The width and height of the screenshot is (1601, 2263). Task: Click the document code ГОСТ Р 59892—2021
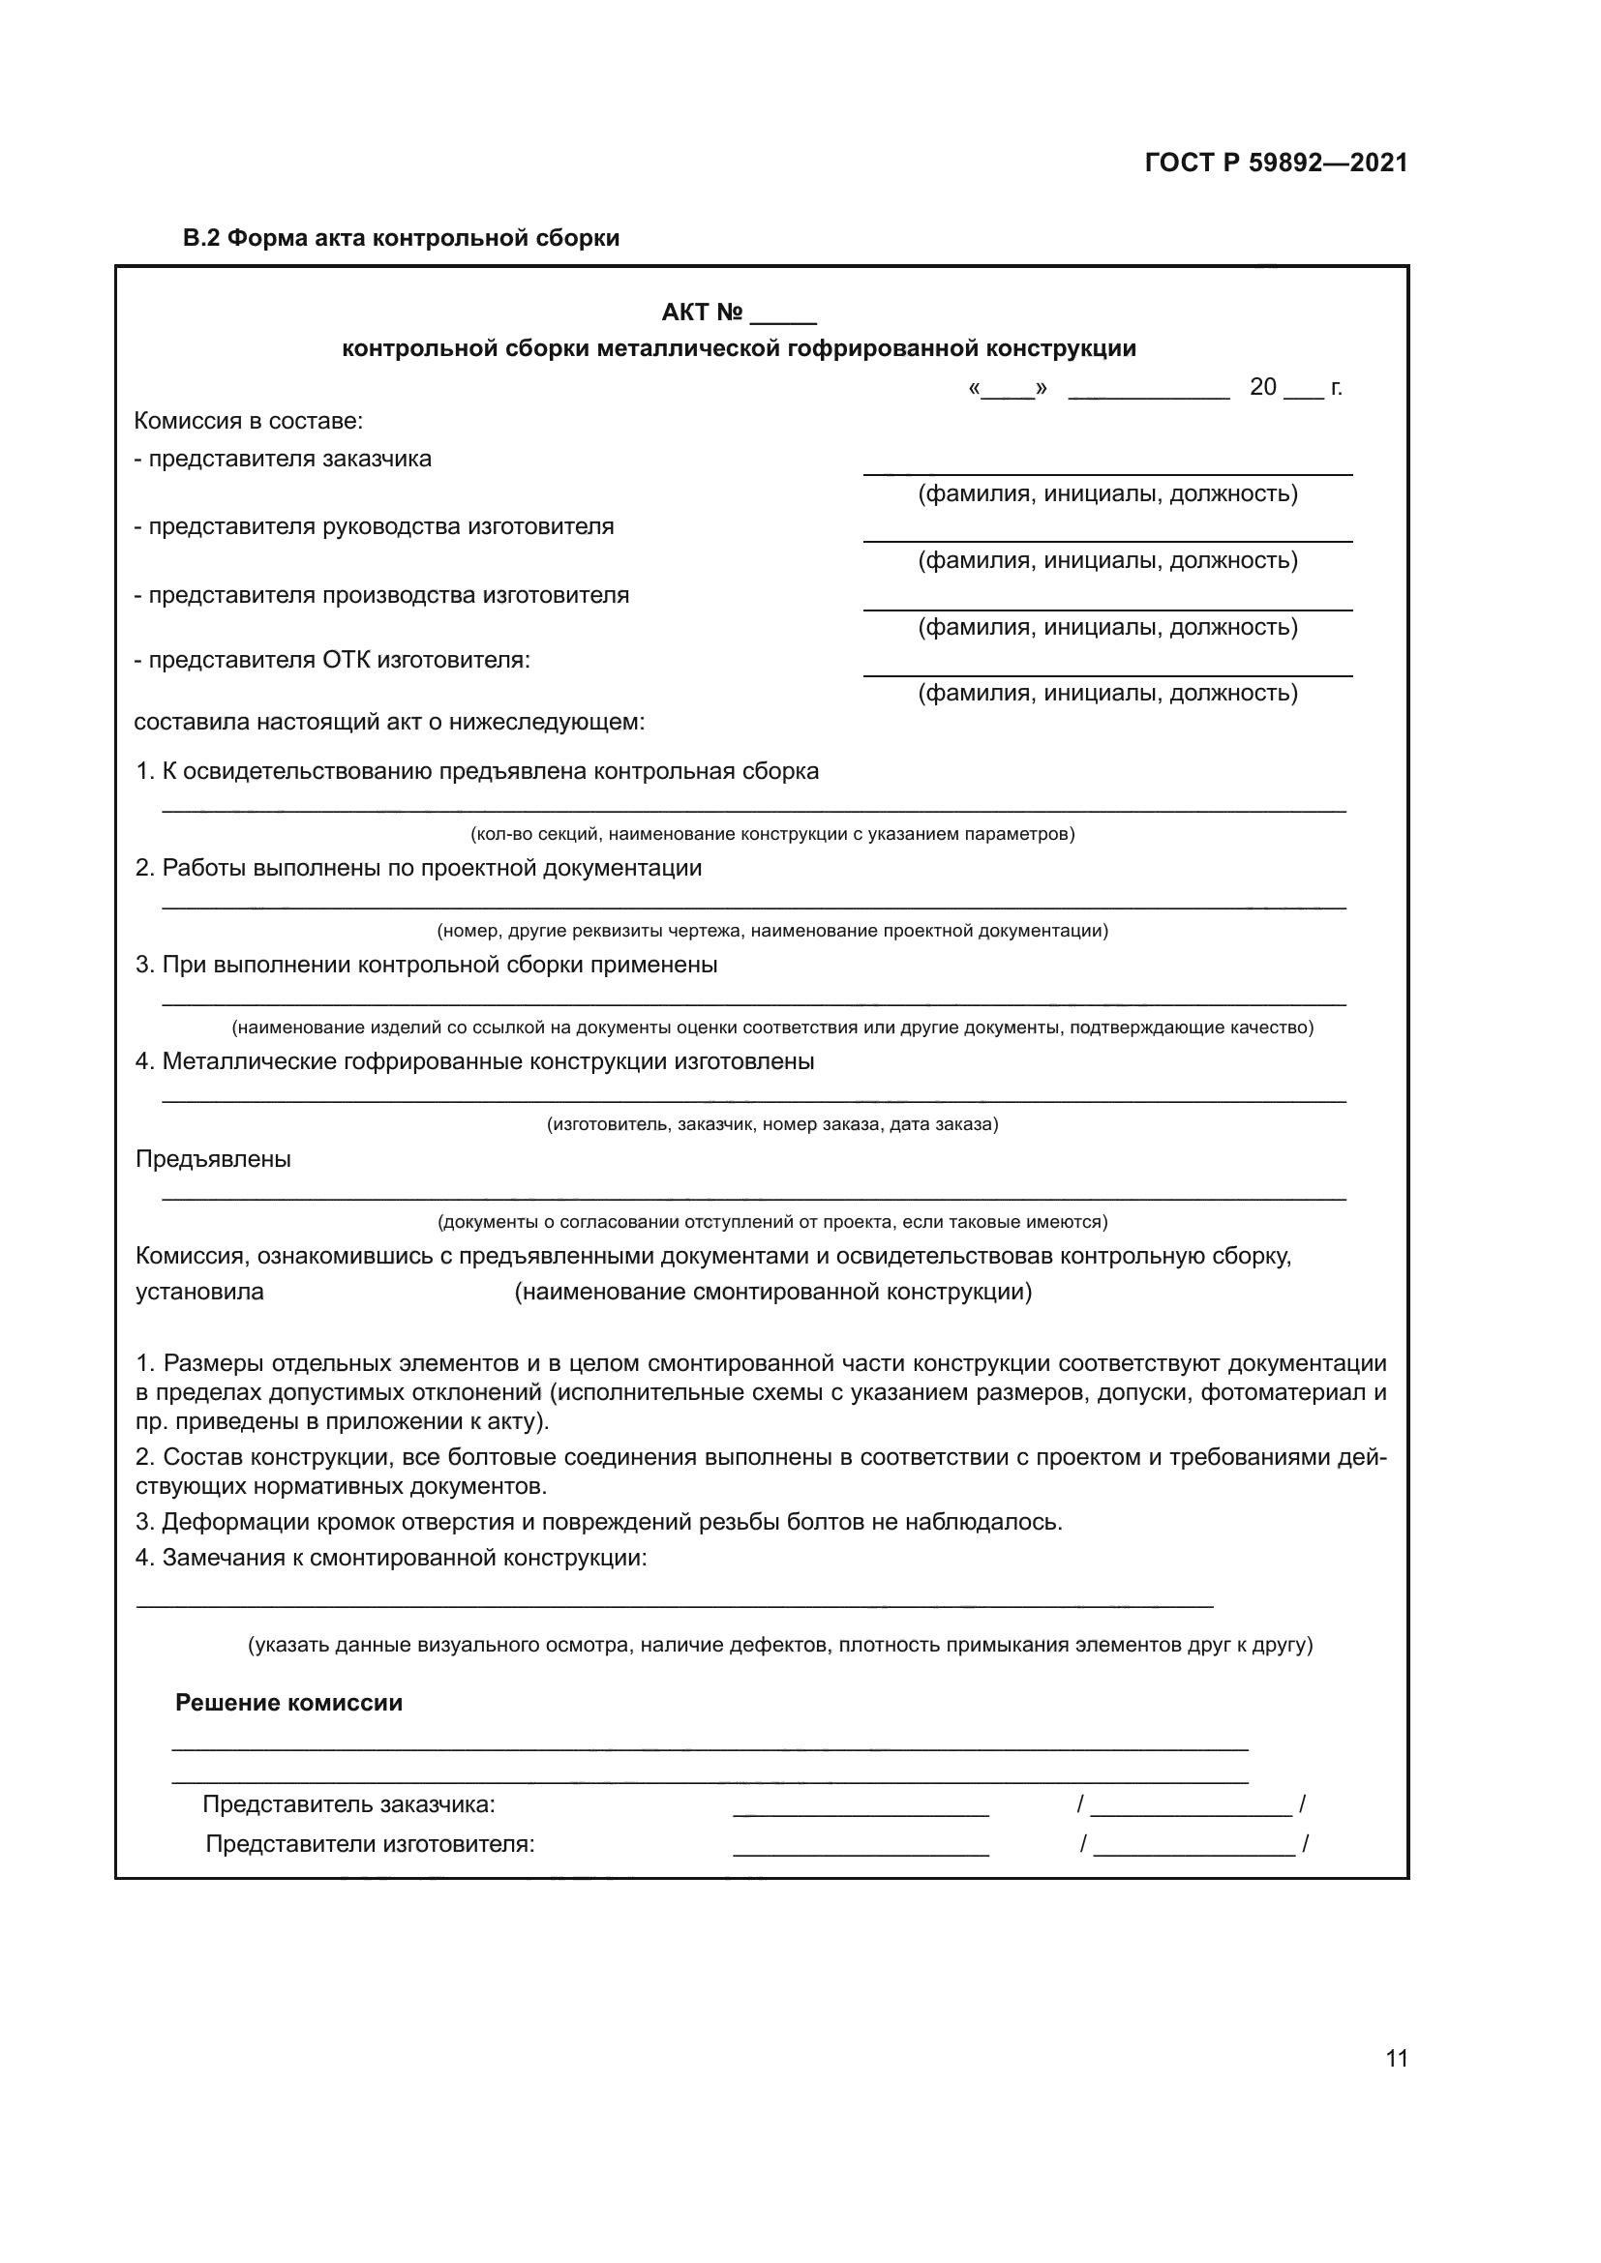coord(1276,163)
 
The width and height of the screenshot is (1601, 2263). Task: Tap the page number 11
coord(1396,2058)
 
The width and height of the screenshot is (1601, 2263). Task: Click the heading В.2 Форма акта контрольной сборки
coord(402,238)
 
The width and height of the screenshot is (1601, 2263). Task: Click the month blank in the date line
coord(1149,391)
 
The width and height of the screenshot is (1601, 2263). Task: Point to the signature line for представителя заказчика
coord(1107,470)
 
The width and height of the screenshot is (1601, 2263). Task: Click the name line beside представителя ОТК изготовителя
coord(1107,671)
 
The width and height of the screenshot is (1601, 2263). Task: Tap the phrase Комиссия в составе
coord(249,422)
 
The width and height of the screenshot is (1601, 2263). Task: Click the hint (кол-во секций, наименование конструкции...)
coord(771,834)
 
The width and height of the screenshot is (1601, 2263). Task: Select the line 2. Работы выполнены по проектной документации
coord(419,868)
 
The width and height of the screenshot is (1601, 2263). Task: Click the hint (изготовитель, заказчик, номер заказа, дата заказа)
coord(771,1123)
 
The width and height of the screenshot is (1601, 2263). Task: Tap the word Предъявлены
coord(213,1159)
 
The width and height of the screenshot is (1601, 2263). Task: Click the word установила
coord(199,1292)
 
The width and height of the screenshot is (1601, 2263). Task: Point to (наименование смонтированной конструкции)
coord(772,1292)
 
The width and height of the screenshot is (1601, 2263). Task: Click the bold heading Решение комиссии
coord(288,1703)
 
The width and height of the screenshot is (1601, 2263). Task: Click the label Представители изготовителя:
coord(370,1844)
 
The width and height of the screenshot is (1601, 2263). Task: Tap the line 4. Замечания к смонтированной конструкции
coord(391,1559)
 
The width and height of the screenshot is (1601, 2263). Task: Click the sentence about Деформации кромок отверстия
coord(598,1522)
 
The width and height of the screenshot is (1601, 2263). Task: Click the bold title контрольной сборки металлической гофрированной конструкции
coord(739,349)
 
